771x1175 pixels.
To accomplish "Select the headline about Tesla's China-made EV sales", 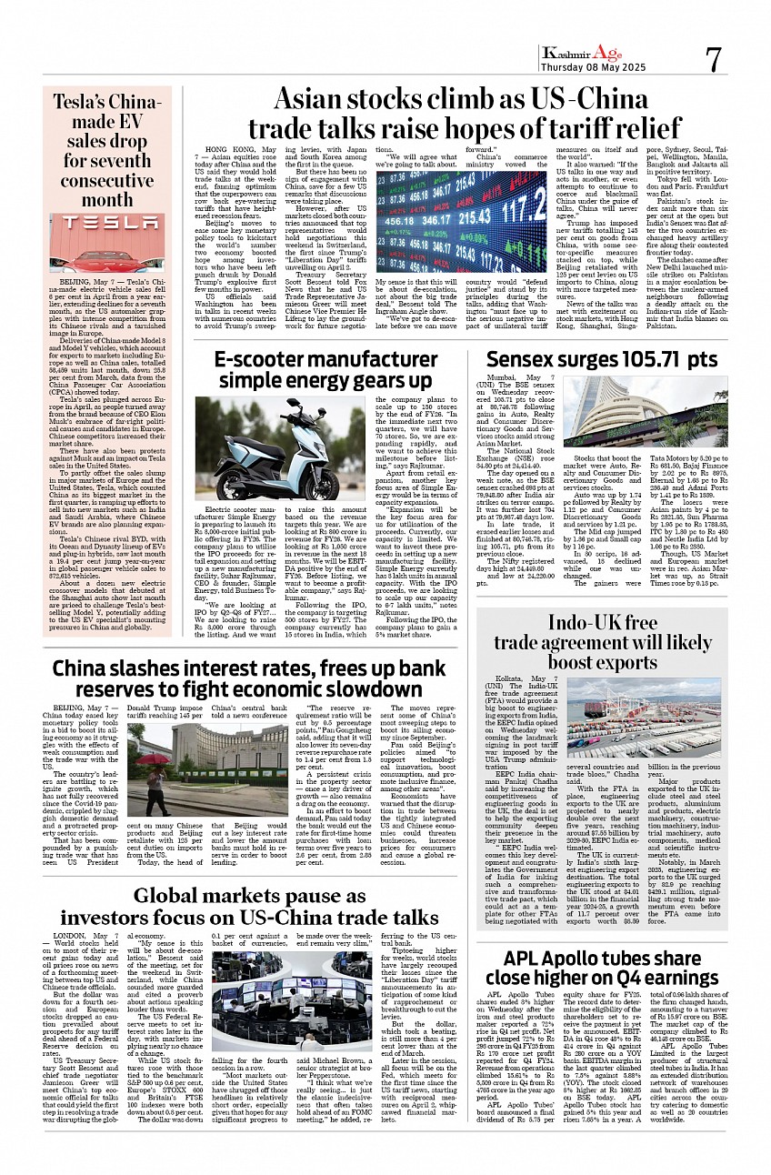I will (x=106, y=150).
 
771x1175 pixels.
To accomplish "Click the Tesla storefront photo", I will (x=106, y=243).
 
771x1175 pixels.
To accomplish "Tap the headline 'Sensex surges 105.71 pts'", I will (x=601, y=360).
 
